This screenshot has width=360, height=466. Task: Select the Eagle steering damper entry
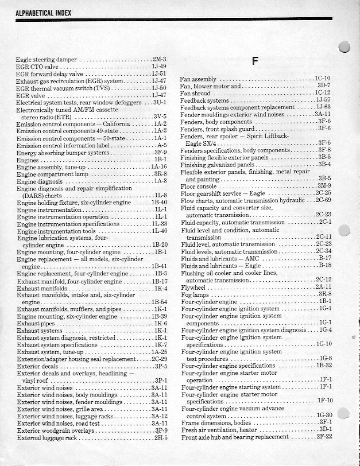pyautogui.click(x=47, y=59)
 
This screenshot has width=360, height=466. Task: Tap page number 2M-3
pyautogui.click(x=159, y=59)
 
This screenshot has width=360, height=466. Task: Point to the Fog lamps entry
pyautogui.click(x=195, y=294)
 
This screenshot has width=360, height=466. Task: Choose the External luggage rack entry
pyautogui.click(x=47, y=437)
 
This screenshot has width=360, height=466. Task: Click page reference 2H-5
pyautogui.click(x=160, y=437)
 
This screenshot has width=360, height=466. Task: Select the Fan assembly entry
pyautogui.click(x=198, y=79)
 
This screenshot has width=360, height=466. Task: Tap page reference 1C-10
pyautogui.click(x=322, y=78)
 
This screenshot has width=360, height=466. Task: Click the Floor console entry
pyautogui.click(x=199, y=186)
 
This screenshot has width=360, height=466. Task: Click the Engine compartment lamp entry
pyautogui.click(x=52, y=173)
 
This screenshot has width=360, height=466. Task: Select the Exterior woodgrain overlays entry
pyautogui.click(x=56, y=430)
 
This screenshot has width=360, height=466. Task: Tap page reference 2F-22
pyautogui.click(x=324, y=437)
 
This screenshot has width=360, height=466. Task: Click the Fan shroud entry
pyautogui.click(x=195, y=93)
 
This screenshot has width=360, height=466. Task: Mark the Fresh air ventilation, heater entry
pyautogui.click(x=219, y=430)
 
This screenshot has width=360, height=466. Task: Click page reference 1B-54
pyautogui.click(x=159, y=302)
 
